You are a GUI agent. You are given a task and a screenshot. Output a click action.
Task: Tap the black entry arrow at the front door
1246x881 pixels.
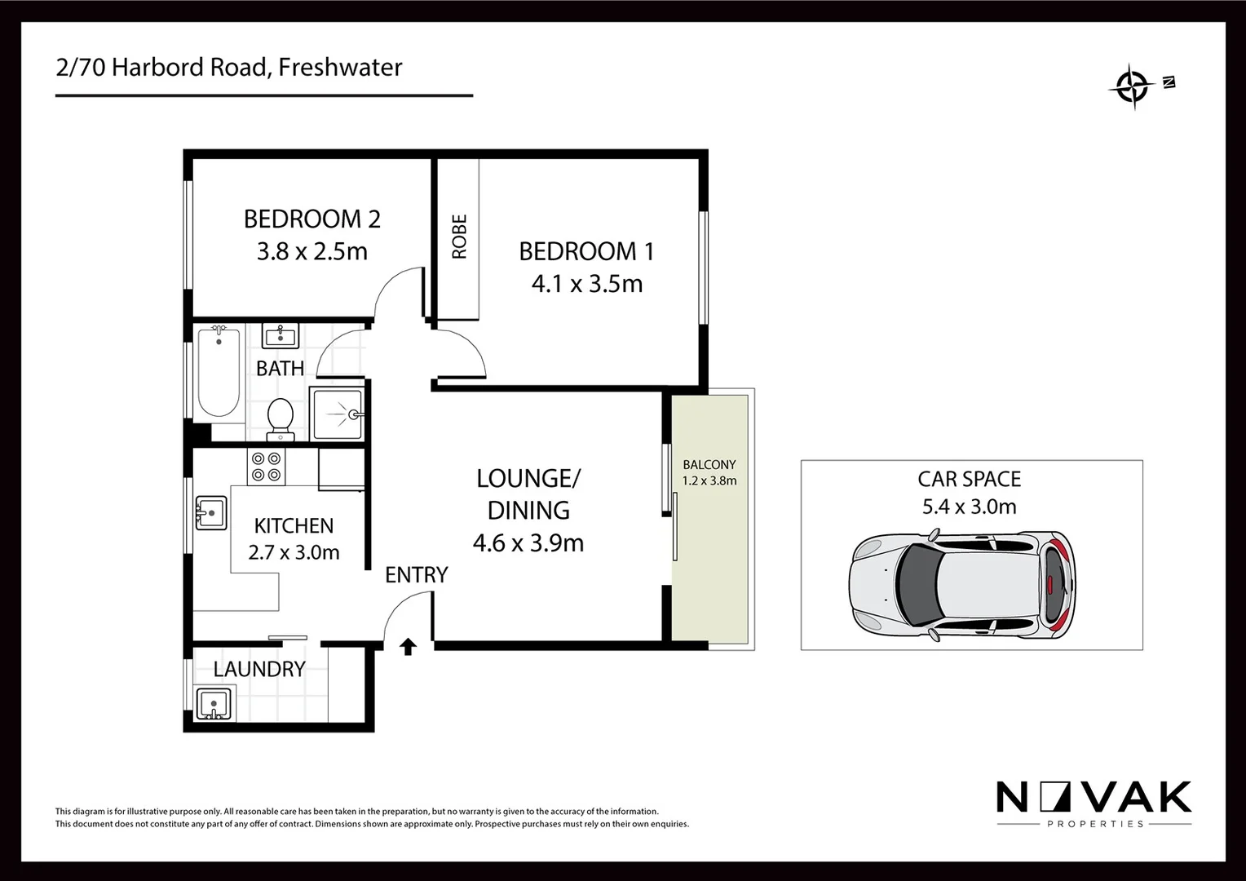pyautogui.click(x=409, y=647)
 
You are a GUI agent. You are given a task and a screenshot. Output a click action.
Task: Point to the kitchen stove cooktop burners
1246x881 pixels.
pyautogui.click(x=267, y=467)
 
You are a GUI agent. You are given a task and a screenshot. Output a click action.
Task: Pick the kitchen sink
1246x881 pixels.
pyautogui.click(x=210, y=513)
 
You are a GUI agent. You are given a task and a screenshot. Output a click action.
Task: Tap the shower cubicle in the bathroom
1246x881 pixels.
pyautogui.click(x=337, y=414)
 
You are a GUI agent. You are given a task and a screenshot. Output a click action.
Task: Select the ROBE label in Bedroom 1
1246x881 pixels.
pyautogui.click(x=459, y=237)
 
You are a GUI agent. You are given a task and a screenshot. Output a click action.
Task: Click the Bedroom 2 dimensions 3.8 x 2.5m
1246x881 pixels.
pyautogui.click(x=312, y=251)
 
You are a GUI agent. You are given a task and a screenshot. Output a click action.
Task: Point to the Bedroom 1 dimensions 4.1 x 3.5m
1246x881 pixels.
pyautogui.click(x=587, y=284)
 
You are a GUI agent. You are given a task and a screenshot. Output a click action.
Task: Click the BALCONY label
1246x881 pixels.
pyautogui.click(x=709, y=464)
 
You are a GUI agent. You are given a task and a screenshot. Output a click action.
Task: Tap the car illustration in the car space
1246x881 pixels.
pyautogui.click(x=962, y=585)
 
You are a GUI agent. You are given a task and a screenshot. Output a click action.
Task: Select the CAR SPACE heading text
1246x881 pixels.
pyautogui.click(x=969, y=479)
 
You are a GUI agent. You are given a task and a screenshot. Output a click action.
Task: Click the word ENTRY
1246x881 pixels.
pyautogui.click(x=416, y=575)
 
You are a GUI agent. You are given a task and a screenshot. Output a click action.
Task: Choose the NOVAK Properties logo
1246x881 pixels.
pyautogui.click(x=1094, y=803)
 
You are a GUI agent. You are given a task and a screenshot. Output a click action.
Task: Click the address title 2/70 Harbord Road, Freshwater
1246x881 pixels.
pyautogui.click(x=229, y=67)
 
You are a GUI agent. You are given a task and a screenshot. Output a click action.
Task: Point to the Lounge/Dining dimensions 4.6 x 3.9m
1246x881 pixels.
pyautogui.click(x=528, y=542)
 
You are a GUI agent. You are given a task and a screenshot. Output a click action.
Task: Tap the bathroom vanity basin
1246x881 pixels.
pyautogui.click(x=280, y=335)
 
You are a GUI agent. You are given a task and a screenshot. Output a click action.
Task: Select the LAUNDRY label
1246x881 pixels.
pyautogui.click(x=259, y=669)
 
